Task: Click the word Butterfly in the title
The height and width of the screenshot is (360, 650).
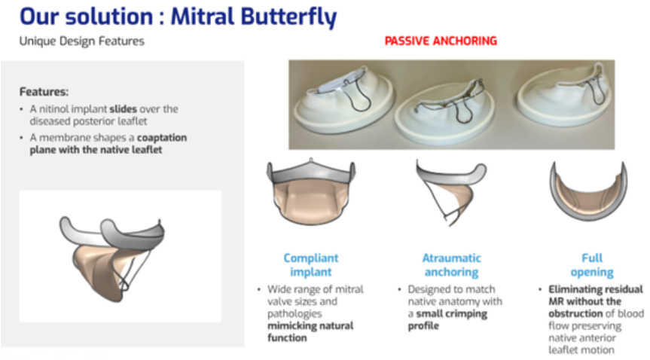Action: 288,17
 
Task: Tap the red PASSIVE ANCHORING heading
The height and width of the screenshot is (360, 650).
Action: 441,41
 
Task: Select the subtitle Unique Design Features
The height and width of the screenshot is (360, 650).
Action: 81,41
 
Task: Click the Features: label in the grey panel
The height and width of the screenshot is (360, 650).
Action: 44,92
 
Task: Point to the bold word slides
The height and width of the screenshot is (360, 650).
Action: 123,109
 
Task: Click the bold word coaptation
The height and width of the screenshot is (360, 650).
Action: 162,138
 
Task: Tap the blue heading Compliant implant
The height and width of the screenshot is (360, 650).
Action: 311,265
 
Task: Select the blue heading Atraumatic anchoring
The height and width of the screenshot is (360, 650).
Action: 451,265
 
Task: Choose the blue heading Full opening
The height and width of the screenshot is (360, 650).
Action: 592,265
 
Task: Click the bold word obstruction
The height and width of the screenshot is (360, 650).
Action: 575,313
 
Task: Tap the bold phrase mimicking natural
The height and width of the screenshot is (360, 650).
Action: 310,326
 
